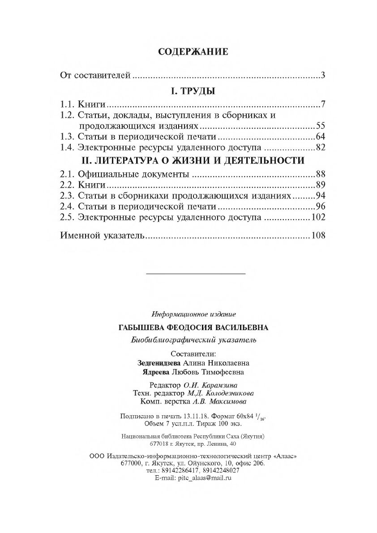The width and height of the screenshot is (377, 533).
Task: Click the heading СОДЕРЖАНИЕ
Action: tap(193, 52)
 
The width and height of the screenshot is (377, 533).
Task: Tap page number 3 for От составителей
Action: tap(322, 75)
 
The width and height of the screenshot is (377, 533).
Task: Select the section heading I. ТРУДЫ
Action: tap(193, 91)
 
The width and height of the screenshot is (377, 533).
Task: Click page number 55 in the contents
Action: tap(320, 125)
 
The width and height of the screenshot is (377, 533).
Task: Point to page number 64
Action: tap(320, 137)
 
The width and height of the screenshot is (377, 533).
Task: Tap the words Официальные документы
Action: tap(132, 174)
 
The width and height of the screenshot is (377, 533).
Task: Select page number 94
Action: tap(320, 196)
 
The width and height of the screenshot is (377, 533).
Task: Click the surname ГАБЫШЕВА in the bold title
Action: tap(144, 327)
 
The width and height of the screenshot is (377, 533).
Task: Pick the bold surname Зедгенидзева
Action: tap(158, 362)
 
